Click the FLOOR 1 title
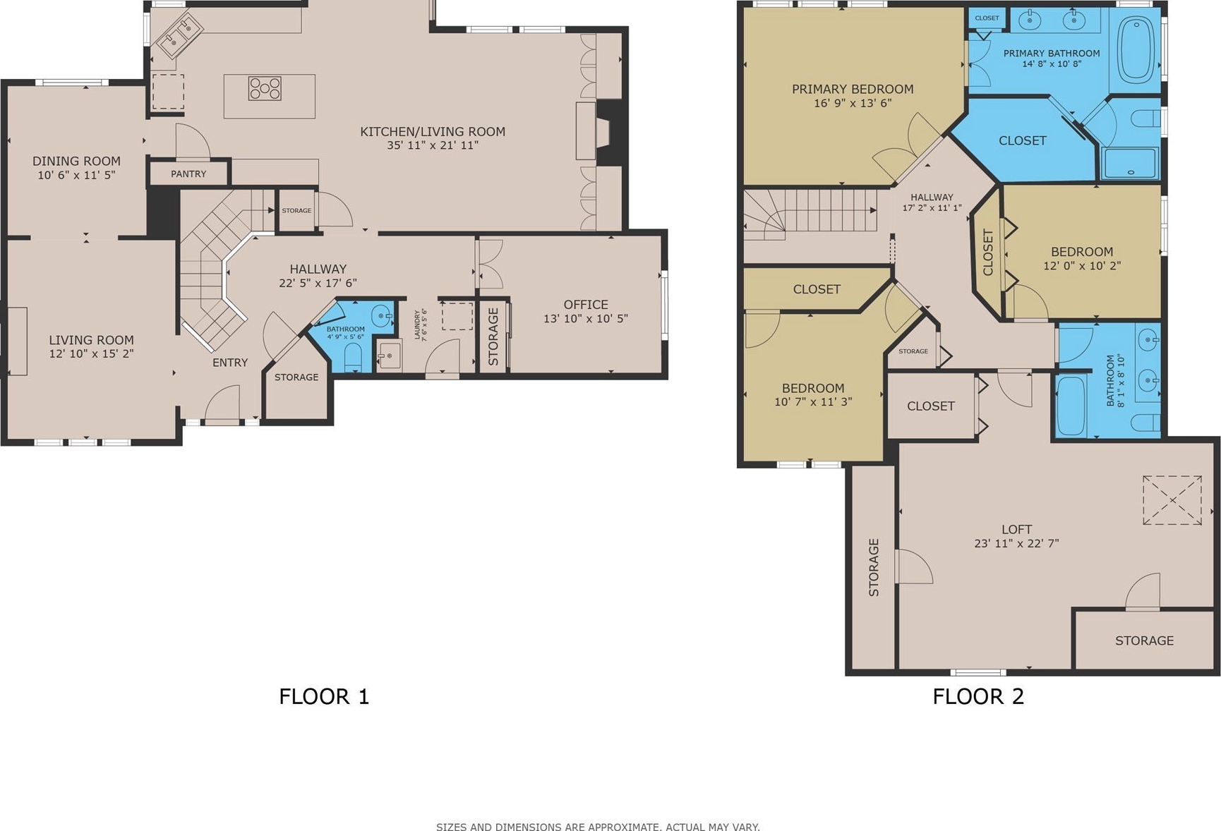pyautogui.click(x=324, y=696)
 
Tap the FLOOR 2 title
pyautogui.click(x=978, y=696)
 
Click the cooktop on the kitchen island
pyautogui.click(x=265, y=88)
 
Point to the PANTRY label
pyautogui.click(x=188, y=174)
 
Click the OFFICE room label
pyautogui.click(x=586, y=305)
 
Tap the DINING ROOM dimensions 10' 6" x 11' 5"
pyautogui.click(x=76, y=175)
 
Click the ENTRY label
pyautogui.click(x=230, y=363)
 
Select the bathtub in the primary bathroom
pyautogui.click(x=1135, y=51)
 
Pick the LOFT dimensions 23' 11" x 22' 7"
pyautogui.click(x=1016, y=543)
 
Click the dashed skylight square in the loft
pyautogui.click(x=1172, y=500)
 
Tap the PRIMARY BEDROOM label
pyautogui.click(x=853, y=89)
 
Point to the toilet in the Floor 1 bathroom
pyautogui.click(x=353, y=358)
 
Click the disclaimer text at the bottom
pyautogui.click(x=598, y=827)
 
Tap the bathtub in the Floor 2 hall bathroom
pyautogui.click(x=1071, y=406)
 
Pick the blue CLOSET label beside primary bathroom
pyautogui.click(x=1023, y=140)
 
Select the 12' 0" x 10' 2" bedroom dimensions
pyautogui.click(x=1082, y=266)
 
